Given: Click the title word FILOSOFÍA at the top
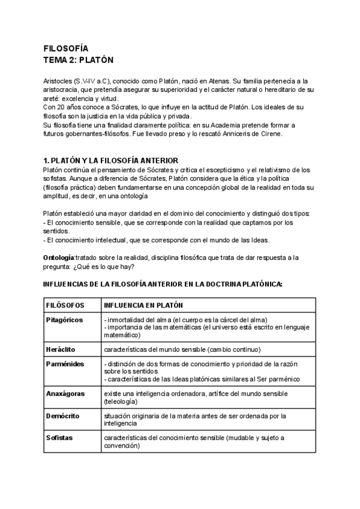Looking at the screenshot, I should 66,48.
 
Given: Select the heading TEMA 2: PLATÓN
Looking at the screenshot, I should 79,60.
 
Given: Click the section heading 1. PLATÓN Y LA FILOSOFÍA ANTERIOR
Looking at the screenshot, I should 110,160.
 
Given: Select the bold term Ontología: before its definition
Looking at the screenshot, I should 59,257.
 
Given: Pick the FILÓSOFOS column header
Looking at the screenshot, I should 65,306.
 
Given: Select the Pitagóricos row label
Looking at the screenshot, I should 64,319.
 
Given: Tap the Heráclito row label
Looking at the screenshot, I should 60,349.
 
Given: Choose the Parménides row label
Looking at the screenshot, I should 64,364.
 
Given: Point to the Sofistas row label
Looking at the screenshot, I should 59,438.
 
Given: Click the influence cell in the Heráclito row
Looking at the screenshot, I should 173,349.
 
